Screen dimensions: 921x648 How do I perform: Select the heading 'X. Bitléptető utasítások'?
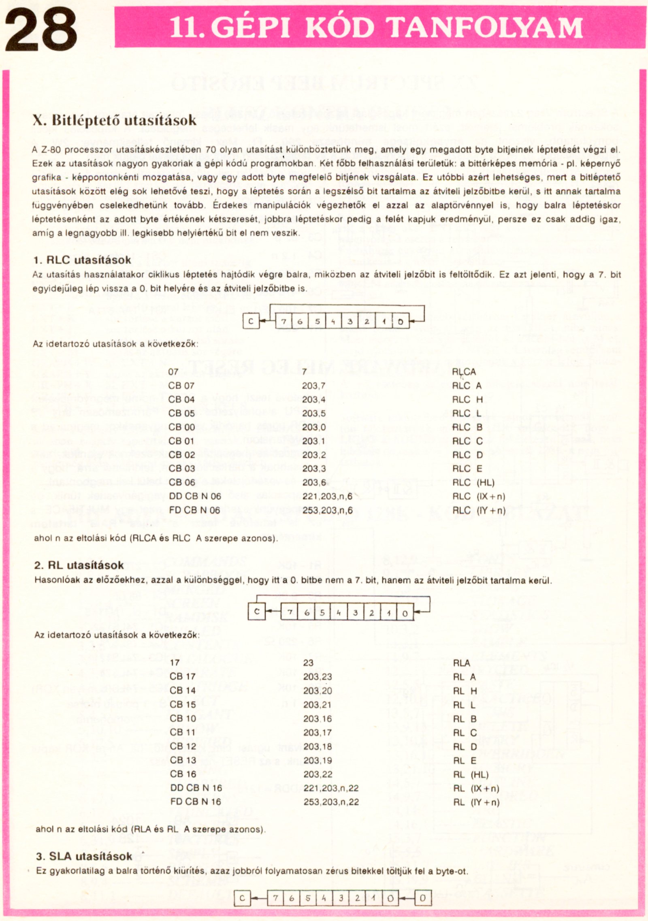tap(114, 120)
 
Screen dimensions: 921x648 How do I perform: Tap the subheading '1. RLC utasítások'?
tap(82, 260)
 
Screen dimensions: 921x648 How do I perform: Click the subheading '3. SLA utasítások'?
tap(84, 856)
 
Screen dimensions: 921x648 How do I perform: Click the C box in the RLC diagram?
tap(251, 322)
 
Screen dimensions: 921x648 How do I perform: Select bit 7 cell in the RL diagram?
tap(290, 612)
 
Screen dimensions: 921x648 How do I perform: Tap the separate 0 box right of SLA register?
tap(422, 898)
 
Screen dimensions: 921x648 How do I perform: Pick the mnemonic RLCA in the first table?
tap(464, 372)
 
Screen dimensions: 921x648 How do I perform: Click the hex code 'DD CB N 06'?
tap(195, 496)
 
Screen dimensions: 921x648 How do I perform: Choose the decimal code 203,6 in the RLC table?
tap(314, 482)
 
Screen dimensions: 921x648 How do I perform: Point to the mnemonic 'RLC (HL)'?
tap(473, 482)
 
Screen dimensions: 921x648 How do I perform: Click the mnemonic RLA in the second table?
tap(461, 663)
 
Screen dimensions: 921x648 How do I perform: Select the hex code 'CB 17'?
tap(183, 677)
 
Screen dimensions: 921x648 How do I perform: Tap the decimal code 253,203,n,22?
tap(331, 802)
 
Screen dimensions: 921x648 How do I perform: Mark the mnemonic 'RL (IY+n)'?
tap(476, 802)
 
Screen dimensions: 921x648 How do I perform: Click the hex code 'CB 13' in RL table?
tap(183, 760)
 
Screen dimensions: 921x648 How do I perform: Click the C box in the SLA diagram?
tap(242, 898)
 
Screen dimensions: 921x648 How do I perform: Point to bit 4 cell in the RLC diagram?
tap(333, 322)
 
